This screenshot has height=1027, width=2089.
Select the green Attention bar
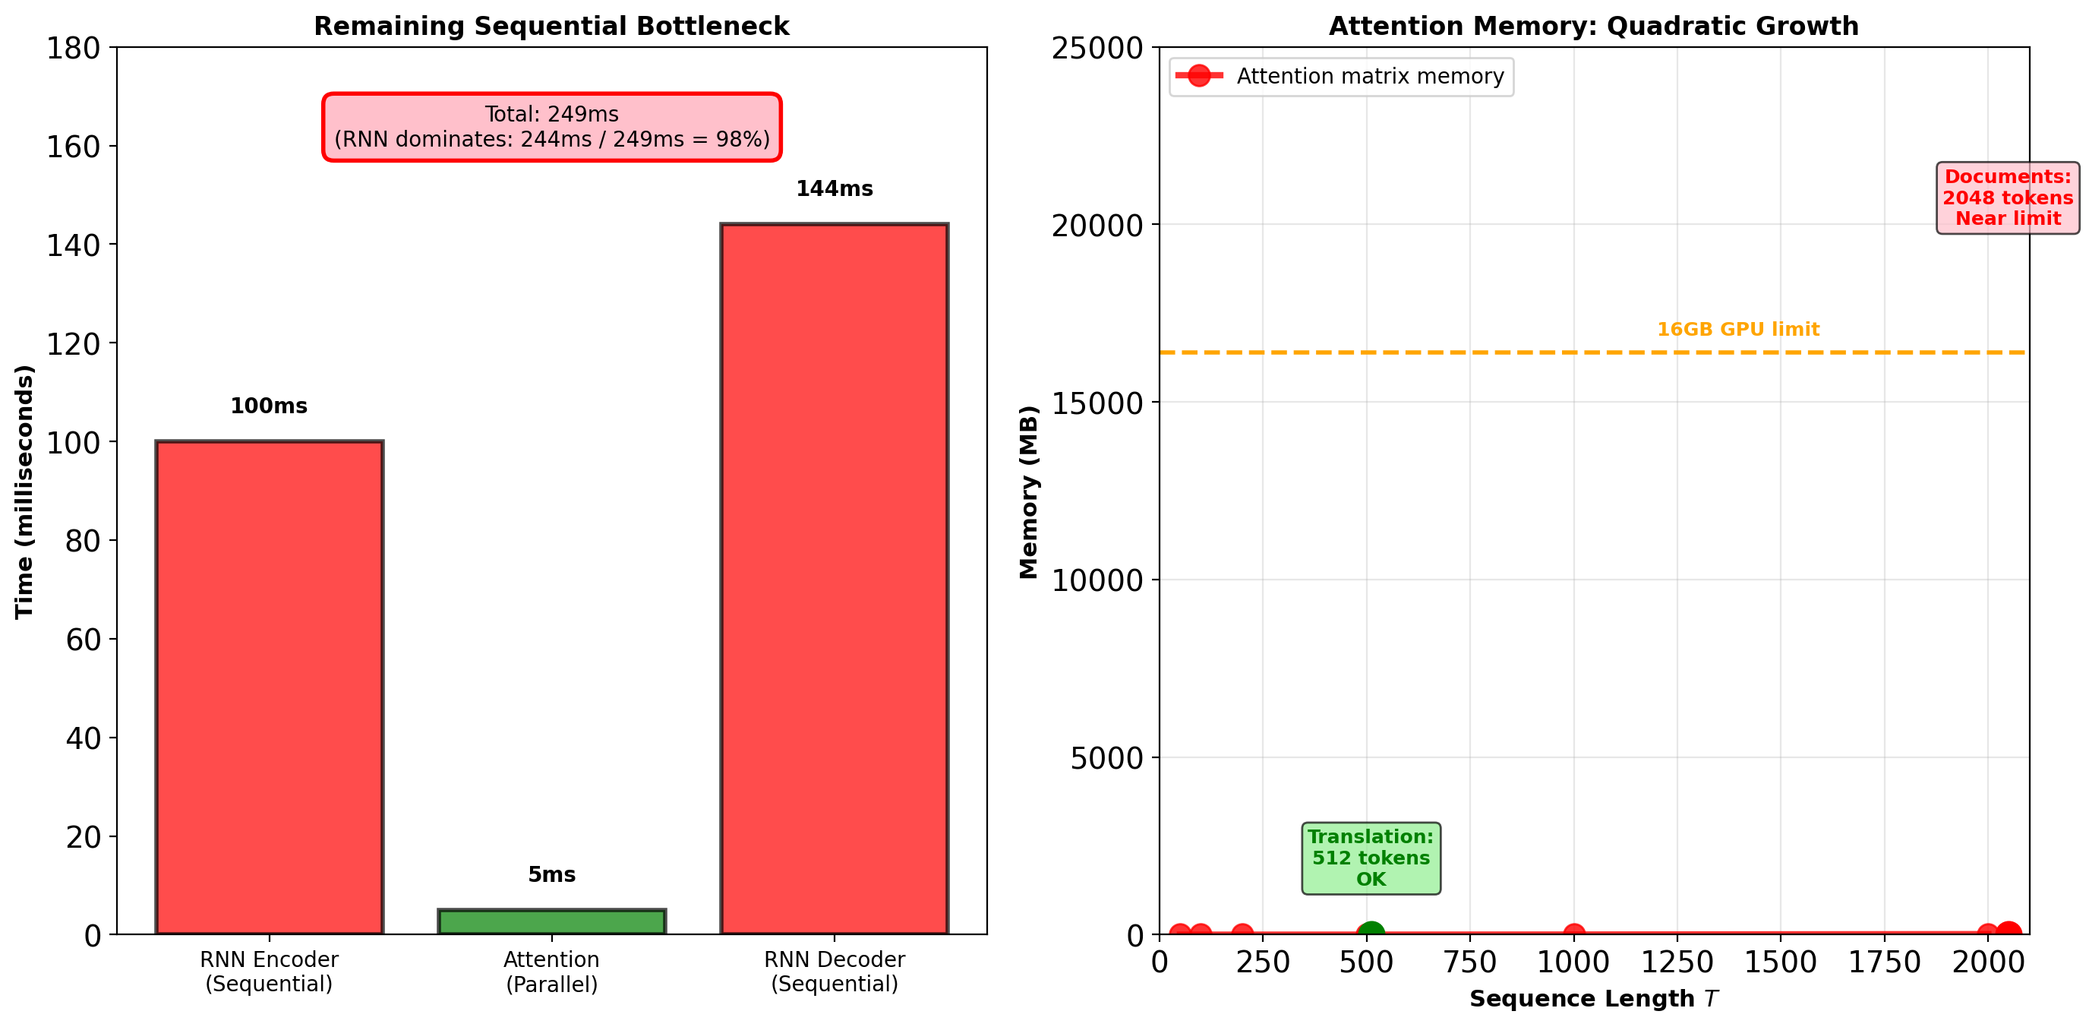[x=551, y=921]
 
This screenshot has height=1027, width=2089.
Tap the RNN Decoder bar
[x=834, y=577]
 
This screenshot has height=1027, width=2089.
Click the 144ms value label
[x=834, y=189]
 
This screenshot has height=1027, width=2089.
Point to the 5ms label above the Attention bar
[x=551, y=874]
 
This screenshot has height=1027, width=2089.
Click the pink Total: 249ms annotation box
[x=551, y=127]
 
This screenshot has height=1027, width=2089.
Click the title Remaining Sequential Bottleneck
[x=551, y=26]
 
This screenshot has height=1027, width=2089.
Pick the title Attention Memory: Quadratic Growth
[x=1592, y=26]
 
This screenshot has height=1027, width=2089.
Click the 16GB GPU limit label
[x=1738, y=330]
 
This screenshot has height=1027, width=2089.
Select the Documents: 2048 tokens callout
[x=2007, y=198]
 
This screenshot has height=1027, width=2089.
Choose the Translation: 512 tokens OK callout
[x=1371, y=858]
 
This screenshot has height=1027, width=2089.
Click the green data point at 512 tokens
[x=1370, y=934]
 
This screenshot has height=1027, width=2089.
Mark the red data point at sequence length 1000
[x=1573, y=934]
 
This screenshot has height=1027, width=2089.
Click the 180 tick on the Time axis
[x=73, y=49]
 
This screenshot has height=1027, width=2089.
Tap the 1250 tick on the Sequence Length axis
[x=1677, y=963]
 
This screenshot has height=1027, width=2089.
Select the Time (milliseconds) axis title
[x=24, y=491]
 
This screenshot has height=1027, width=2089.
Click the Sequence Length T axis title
[x=1592, y=999]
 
